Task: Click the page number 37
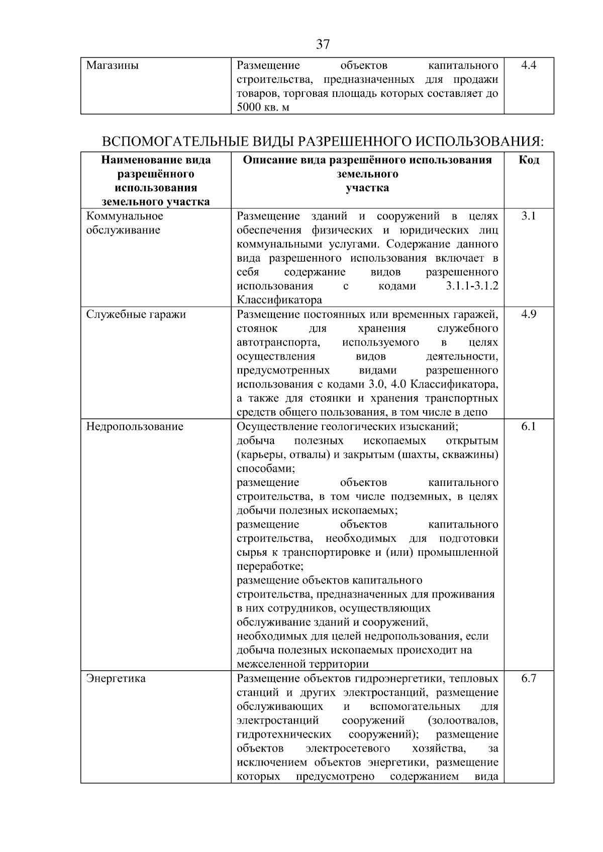323,45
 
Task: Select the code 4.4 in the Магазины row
529,65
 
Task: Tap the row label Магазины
113,65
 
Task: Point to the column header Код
529,160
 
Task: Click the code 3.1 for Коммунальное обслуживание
529,216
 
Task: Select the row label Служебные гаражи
136,314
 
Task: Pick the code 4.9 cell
529,314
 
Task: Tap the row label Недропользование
135,427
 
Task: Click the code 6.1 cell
529,427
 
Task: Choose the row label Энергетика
116,678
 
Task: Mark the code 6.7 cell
529,678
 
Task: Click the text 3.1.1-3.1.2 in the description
472,286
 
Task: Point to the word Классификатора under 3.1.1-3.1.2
279,300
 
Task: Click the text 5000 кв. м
263,107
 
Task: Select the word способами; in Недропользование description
266,469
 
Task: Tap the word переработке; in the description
270,566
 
